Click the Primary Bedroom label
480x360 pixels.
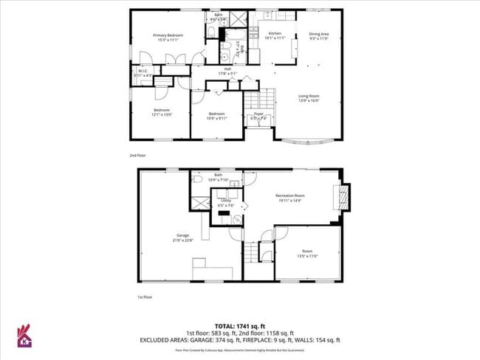point(168,35)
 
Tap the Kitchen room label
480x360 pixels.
point(275,34)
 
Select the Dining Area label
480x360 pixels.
point(319,34)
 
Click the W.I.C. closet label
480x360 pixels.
point(142,72)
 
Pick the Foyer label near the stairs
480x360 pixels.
point(258,114)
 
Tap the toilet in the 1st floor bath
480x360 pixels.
point(197,178)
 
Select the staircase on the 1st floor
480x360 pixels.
point(253,252)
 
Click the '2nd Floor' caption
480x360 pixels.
point(137,156)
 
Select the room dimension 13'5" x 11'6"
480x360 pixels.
point(306,255)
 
